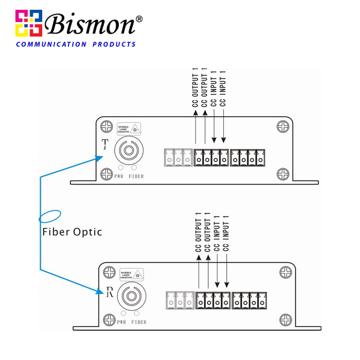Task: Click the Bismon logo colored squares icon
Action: pyautogui.click(x=28, y=23)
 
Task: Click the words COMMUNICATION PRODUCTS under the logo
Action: pyautogui.click(x=76, y=44)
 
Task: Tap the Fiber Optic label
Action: pyautogui.click(x=72, y=232)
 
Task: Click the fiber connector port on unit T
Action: pyautogui.click(x=127, y=151)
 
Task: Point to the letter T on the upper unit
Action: pyautogui.click(x=106, y=143)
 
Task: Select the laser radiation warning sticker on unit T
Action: pyautogui.click(x=129, y=129)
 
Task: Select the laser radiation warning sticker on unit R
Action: pyautogui.click(x=132, y=274)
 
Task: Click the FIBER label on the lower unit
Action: pyautogui.click(x=138, y=322)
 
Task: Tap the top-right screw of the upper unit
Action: pyautogui.click(x=283, y=126)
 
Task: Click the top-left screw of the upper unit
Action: pyautogui.click(x=106, y=126)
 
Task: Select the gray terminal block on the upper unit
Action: pyautogui.click(x=178, y=157)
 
